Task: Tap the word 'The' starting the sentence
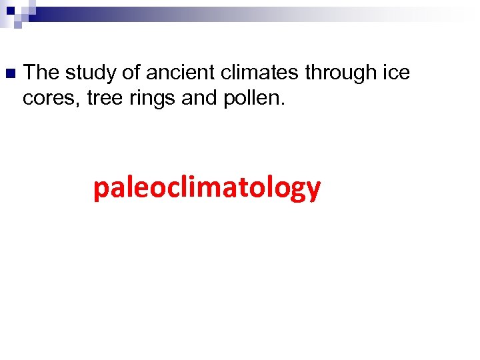(x=45, y=71)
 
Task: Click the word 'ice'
(x=394, y=71)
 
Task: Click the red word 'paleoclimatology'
(x=207, y=189)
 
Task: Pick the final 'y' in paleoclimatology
(x=313, y=191)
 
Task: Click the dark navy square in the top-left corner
(x=11, y=11)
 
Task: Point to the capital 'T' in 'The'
(x=35, y=71)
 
